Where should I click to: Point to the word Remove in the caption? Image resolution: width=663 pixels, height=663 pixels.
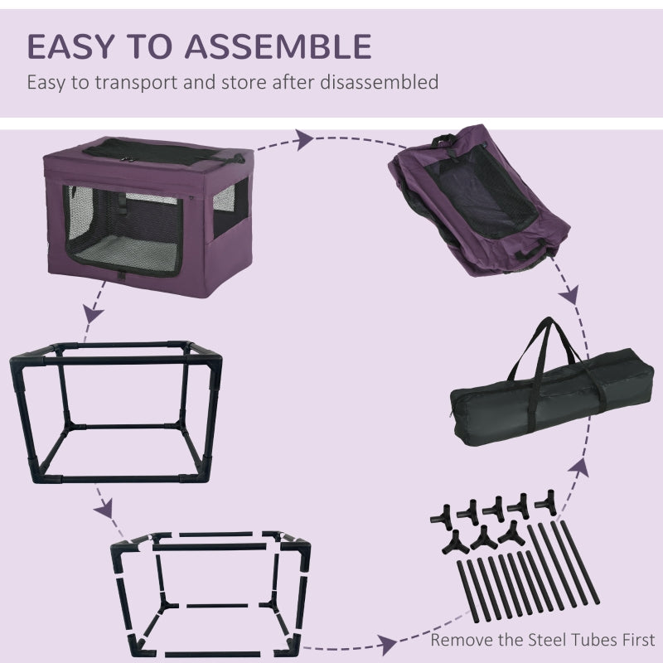click(459, 640)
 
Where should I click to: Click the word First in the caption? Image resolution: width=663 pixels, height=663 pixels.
click(635, 640)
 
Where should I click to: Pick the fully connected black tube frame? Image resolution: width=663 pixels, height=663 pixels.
click(115, 409)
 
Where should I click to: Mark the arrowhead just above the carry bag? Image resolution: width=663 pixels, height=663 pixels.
click(570, 296)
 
